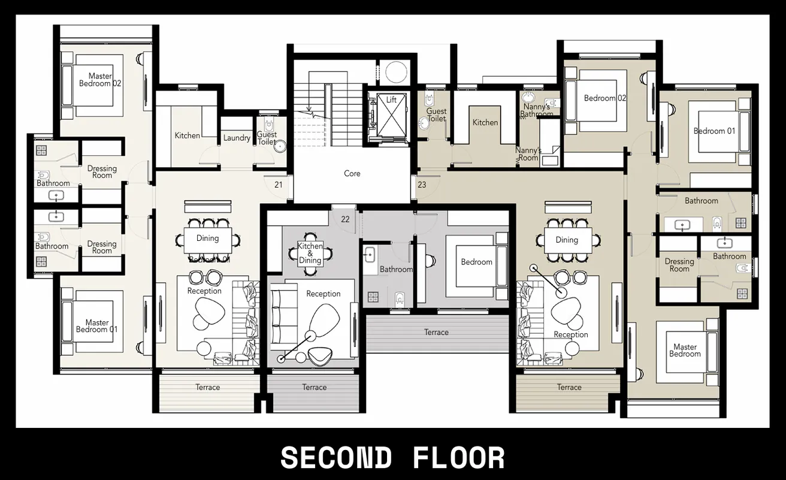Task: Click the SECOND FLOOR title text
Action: point(392,458)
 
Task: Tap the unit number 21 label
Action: point(279,185)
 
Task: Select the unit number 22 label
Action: point(345,219)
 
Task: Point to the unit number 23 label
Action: point(422,185)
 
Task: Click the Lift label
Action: point(391,99)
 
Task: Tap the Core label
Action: point(352,173)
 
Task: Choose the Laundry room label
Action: point(237,138)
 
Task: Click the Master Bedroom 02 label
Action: point(100,80)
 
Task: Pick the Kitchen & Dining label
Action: point(310,253)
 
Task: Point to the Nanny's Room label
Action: point(528,154)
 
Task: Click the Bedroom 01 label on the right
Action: point(714,131)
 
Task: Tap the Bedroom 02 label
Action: point(605,98)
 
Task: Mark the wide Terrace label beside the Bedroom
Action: point(436,332)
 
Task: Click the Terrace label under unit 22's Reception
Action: point(315,387)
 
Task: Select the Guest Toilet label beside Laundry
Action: point(267,138)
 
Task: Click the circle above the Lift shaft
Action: point(396,72)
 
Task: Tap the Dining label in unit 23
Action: point(567,240)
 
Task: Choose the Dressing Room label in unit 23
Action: point(679,265)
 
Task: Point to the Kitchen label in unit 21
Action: point(188,135)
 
